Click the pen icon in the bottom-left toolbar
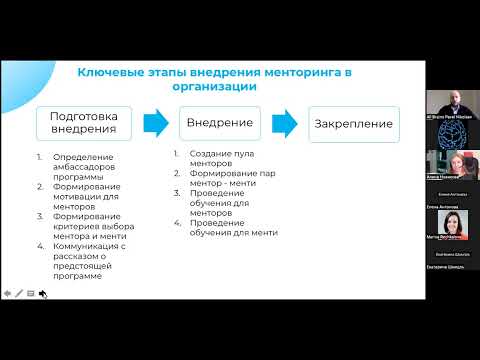coord(19,293)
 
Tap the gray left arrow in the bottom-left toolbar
coord(8,293)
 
